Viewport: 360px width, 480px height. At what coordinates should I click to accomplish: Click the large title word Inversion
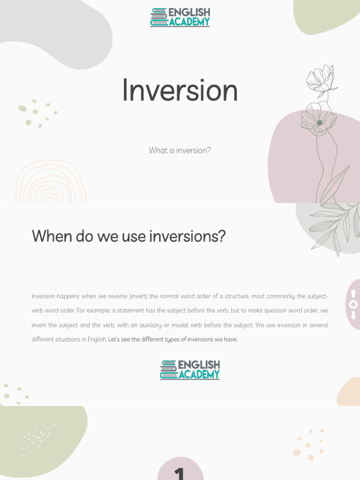(180, 90)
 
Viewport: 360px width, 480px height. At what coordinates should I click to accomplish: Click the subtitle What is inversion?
(180, 150)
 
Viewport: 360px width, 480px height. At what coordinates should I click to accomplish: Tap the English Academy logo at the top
(180, 17)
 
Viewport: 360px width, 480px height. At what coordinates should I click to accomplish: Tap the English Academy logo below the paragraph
(190, 370)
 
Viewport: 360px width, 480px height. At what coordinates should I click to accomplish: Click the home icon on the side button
(353, 305)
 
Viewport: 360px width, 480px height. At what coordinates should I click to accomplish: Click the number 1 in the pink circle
(180, 472)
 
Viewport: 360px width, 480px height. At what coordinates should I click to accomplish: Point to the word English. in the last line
(97, 339)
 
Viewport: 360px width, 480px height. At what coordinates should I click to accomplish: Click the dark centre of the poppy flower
(320, 123)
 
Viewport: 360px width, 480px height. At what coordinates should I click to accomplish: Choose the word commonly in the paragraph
(282, 296)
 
